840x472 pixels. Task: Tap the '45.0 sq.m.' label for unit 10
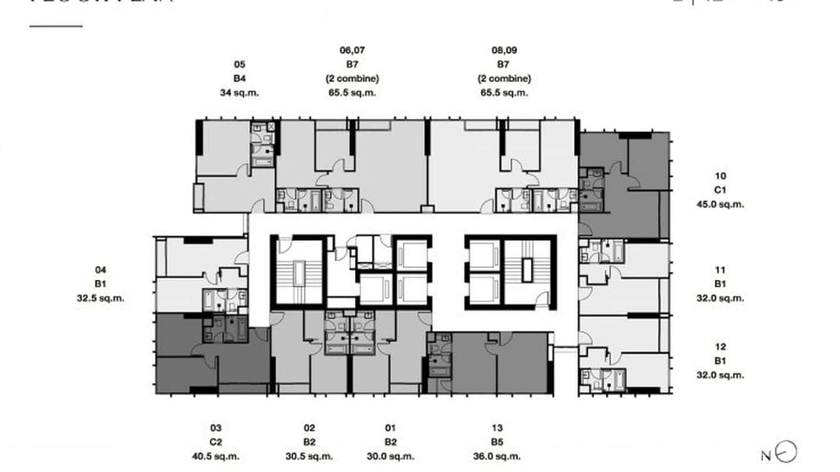click(x=720, y=204)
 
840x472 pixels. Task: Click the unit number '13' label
click(x=497, y=428)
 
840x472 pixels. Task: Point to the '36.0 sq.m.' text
click(x=497, y=457)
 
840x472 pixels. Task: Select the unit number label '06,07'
click(x=351, y=51)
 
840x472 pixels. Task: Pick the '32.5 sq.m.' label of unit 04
click(x=101, y=298)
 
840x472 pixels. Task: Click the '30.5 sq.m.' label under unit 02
click(x=309, y=457)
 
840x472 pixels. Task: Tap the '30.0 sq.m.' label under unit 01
click(x=391, y=457)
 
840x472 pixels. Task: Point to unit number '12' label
click(x=720, y=347)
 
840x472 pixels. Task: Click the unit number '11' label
click(x=720, y=270)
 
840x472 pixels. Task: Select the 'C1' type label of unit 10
click(x=720, y=190)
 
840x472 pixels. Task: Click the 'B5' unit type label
click(x=497, y=443)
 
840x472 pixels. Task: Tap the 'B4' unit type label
click(x=239, y=78)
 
